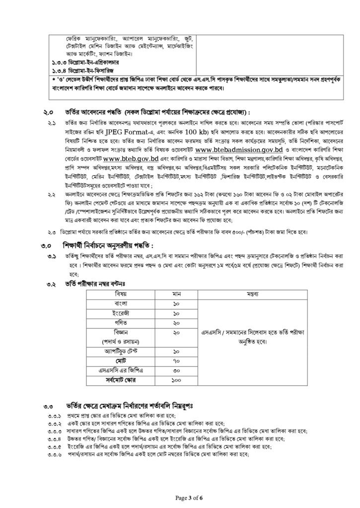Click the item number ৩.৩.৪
[x=54, y=439]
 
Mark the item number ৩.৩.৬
[x=54, y=455]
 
